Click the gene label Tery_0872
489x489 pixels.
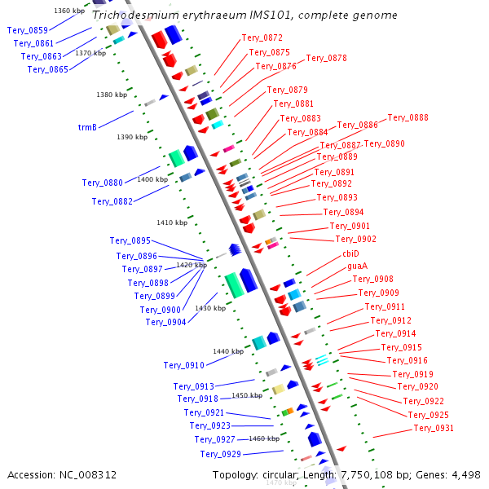click(x=262, y=37)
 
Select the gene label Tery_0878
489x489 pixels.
click(x=326, y=58)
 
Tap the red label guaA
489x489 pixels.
click(x=358, y=266)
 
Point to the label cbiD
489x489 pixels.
click(x=350, y=253)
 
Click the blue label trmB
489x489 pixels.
click(x=87, y=127)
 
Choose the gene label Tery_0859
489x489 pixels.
click(x=28, y=30)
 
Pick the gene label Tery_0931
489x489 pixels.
click(x=434, y=428)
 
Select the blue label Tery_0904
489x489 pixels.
click(x=166, y=322)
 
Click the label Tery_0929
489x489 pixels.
click(x=221, y=454)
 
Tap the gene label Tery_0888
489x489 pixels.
click(x=407, y=117)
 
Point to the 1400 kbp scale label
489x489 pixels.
click(x=152, y=179)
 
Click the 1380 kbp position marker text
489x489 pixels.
click(x=112, y=95)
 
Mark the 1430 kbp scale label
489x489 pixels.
click(x=210, y=308)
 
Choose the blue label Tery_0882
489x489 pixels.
click(x=113, y=201)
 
